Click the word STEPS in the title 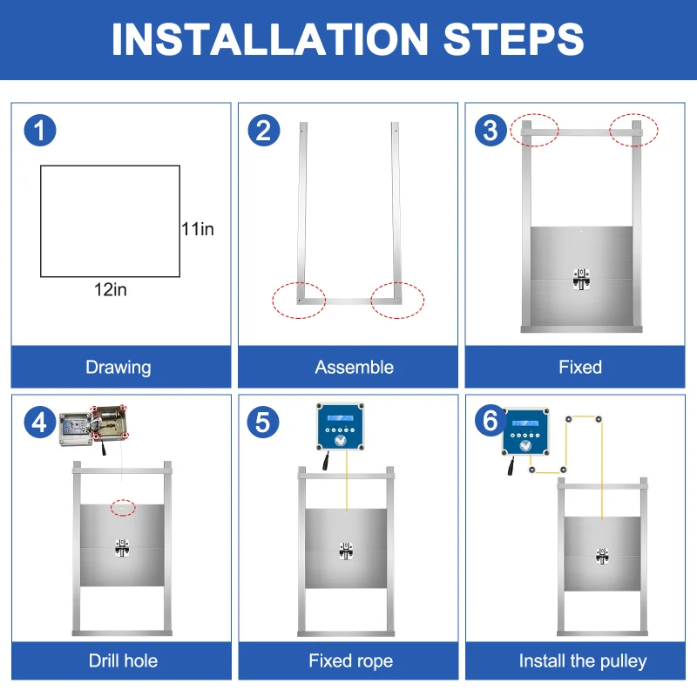tap(513, 39)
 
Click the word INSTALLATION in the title tap(270, 39)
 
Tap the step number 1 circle tap(40, 131)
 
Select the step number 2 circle tap(264, 131)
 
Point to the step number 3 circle tap(491, 131)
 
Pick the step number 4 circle tap(40, 423)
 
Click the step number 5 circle tap(263, 423)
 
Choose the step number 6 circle tap(491, 421)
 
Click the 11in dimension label tap(198, 229)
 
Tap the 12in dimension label tap(111, 289)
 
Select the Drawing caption tap(118, 368)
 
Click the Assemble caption tap(355, 367)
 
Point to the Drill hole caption tap(123, 660)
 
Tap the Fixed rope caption tap(351, 661)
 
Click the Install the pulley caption tap(583, 661)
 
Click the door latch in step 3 tap(581, 279)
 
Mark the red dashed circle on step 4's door tap(123, 508)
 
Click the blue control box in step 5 tap(340, 426)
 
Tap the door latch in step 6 tap(602, 556)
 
